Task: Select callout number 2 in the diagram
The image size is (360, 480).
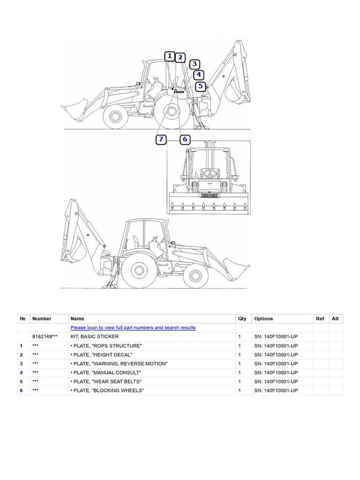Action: click(x=180, y=57)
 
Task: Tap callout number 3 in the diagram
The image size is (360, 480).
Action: click(x=195, y=65)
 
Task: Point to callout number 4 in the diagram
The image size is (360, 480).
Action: click(x=199, y=75)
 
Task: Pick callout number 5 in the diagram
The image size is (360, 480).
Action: click(x=201, y=86)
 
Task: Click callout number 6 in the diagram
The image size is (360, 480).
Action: click(x=185, y=139)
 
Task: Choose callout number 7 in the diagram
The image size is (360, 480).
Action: click(x=161, y=139)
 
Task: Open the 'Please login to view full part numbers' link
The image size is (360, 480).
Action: click(x=133, y=328)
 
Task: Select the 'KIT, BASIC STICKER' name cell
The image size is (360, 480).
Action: click(x=94, y=337)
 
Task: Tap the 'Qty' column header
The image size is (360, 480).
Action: click(x=242, y=319)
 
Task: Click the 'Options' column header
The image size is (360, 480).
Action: click(x=263, y=319)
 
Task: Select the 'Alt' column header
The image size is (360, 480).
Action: click(x=335, y=319)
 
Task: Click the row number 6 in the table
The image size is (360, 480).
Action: click(x=22, y=390)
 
